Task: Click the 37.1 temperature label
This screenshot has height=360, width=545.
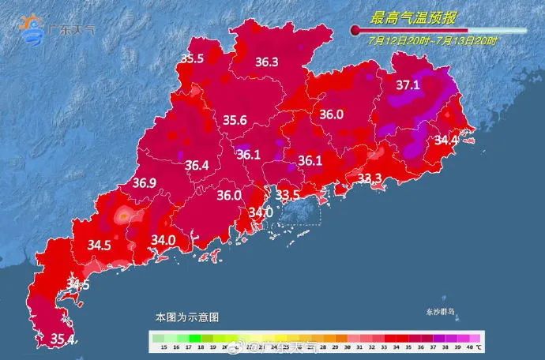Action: point(408,84)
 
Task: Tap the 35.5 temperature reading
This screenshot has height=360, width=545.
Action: point(192,58)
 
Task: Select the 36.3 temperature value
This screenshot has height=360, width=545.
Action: point(266,62)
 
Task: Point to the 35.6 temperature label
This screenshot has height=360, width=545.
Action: point(235,120)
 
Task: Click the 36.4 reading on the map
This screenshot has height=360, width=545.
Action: point(197,166)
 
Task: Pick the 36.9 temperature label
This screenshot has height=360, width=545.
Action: point(145,184)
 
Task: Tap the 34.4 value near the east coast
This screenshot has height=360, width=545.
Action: point(446,141)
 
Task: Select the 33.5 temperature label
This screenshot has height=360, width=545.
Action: point(287,194)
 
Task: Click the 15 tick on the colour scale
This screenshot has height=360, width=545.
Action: point(162,347)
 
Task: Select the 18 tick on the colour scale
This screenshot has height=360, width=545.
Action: point(203,347)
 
